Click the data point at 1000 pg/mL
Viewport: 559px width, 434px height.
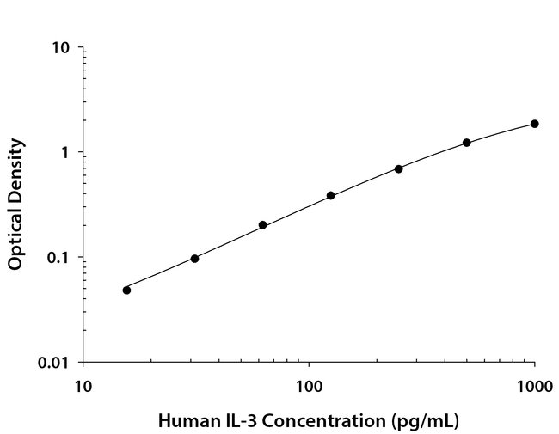point(534,124)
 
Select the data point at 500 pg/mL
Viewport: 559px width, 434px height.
point(467,143)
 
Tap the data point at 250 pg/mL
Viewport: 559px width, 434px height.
point(399,168)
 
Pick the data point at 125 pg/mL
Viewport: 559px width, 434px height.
point(330,196)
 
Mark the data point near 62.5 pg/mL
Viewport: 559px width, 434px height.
point(262,225)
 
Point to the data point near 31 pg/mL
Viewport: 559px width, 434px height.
point(194,259)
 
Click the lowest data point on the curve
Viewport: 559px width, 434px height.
point(126,290)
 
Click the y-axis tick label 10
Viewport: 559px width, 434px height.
point(60,48)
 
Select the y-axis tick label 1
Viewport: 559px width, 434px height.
point(64,153)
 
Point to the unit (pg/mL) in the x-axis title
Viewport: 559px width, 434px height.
point(418,421)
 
